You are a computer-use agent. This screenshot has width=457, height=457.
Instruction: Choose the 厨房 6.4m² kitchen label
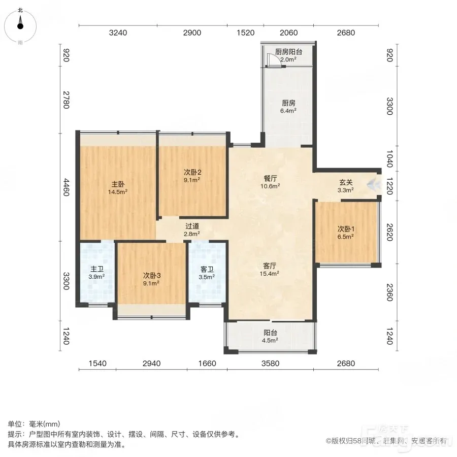(x=288, y=107)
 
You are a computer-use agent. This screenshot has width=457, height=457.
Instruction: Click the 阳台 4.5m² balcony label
(x=270, y=336)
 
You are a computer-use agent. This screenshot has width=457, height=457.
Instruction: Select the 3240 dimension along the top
(x=118, y=32)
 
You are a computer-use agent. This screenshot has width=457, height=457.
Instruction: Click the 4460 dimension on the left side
(x=67, y=187)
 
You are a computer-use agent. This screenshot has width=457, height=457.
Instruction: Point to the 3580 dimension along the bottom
(x=271, y=364)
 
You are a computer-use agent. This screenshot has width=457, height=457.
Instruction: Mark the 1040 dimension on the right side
(x=389, y=158)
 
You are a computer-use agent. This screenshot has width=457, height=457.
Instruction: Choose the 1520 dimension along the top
(x=246, y=32)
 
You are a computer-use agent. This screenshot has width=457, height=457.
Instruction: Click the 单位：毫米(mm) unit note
(x=34, y=424)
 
